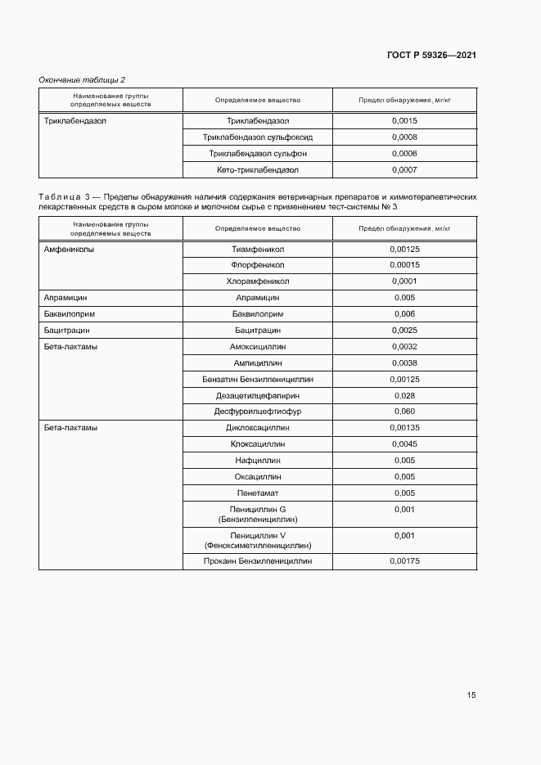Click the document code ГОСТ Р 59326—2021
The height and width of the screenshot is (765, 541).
(x=431, y=55)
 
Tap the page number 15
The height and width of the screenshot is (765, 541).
(x=471, y=695)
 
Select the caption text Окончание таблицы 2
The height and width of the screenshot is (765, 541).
(x=82, y=79)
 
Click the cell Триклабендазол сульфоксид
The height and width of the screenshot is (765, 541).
(x=258, y=137)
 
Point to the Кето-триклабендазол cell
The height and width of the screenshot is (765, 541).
(x=258, y=170)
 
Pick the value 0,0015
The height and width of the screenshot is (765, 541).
(x=404, y=121)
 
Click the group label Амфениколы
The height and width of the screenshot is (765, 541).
(x=69, y=250)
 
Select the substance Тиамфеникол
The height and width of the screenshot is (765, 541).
(x=258, y=250)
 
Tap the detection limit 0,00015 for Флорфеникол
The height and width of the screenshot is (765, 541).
(x=404, y=265)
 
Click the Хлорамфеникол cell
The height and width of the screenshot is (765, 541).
(x=258, y=281)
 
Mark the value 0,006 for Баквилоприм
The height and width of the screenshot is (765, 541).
(x=404, y=314)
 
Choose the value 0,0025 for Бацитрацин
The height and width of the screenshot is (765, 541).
(x=404, y=331)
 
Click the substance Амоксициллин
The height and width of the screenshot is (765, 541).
(x=258, y=347)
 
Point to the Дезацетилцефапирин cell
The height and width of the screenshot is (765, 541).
(x=258, y=395)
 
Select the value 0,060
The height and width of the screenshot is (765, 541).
(x=404, y=412)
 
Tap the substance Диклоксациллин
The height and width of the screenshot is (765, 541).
(x=258, y=428)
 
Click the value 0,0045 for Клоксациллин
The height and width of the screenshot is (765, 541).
(x=404, y=444)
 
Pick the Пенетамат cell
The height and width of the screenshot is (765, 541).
(x=258, y=493)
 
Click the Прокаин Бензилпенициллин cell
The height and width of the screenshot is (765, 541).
(x=258, y=561)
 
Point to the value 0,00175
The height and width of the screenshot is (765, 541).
(x=404, y=561)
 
